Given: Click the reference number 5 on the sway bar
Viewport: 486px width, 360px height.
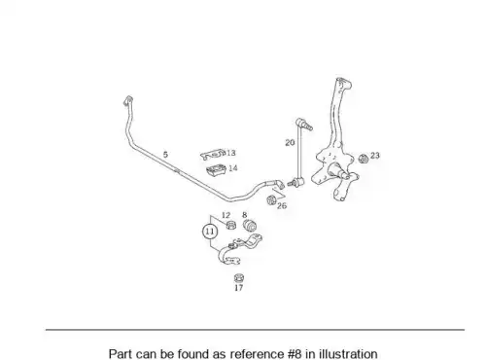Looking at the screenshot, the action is click(165, 155).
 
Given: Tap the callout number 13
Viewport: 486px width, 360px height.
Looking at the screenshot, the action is click(231, 153).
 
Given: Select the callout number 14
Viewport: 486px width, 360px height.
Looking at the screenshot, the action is click(233, 168).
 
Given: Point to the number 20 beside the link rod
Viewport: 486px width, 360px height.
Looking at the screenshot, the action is click(290, 142).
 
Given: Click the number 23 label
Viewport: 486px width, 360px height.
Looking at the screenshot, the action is click(375, 156).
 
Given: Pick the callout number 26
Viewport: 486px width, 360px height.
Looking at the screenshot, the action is click(282, 205).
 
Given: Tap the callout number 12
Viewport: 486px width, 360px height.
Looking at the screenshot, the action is click(226, 215).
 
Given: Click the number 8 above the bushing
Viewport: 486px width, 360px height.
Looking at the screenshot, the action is click(245, 215).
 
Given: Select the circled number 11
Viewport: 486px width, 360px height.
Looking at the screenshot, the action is click(210, 232).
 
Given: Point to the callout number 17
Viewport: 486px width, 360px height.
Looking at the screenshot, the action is click(238, 288).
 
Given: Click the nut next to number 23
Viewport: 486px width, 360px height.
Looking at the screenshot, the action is click(364, 159).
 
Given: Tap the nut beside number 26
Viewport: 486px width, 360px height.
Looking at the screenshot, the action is click(271, 200).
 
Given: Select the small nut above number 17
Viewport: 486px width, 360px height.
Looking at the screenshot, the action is click(239, 278).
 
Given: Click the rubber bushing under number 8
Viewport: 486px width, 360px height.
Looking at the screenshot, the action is click(250, 226).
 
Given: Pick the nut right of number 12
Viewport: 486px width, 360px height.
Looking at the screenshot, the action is click(230, 225).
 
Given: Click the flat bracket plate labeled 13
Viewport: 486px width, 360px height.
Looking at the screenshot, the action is click(213, 155).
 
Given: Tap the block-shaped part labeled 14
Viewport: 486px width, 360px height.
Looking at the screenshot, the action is click(216, 170).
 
